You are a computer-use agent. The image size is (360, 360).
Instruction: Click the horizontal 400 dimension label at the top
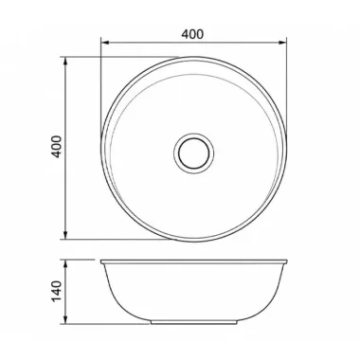tap(192, 34)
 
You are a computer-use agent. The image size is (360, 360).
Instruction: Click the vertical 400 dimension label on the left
tap(57, 147)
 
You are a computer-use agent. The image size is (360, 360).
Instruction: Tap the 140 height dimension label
tap(57, 291)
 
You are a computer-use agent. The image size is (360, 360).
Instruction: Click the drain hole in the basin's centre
tap(193, 153)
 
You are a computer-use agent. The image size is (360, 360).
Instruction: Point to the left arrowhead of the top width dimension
tap(105, 43)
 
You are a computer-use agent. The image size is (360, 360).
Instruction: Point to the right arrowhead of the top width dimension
tap(282, 43)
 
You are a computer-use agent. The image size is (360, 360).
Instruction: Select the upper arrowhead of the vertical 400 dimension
tap(65, 62)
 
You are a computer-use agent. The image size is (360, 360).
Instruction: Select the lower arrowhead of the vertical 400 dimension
tap(65, 235)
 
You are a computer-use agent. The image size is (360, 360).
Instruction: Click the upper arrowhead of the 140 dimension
tap(65, 264)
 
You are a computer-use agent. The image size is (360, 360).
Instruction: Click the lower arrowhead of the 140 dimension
tap(65, 319)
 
